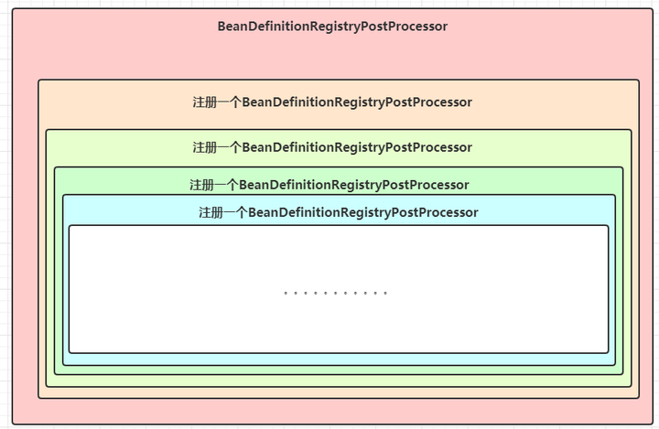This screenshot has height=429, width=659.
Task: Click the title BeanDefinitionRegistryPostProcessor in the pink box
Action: pyautogui.click(x=332, y=27)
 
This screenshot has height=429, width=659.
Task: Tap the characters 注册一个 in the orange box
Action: pyautogui.click(x=216, y=102)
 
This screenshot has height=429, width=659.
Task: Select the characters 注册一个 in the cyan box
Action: pyautogui.click(x=222, y=213)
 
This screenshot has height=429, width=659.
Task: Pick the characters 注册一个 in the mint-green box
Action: pyautogui.click(x=213, y=185)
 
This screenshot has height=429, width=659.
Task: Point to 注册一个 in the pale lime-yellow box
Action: pyautogui.click(x=216, y=147)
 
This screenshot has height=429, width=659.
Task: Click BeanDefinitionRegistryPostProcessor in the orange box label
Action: pyautogui.click(x=357, y=102)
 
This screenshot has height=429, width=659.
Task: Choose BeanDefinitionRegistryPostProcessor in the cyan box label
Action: pyautogui.click(x=363, y=213)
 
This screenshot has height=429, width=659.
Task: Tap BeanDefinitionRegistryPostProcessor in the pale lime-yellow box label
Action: pyautogui.click(x=357, y=147)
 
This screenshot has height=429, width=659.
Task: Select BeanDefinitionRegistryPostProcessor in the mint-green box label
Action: pyautogui.click(x=354, y=185)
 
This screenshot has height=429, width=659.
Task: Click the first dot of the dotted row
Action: pyautogui.click(x=286, y=294)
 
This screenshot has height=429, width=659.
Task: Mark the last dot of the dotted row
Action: pyautogui.click(x=386, y=294)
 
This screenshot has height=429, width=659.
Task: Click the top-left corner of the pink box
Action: pyautogui.click(x=13, y=10)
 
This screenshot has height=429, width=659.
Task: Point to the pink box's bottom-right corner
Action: pyautogui.click(x=649, y=424)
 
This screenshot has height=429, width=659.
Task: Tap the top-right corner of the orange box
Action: pyautogui.click(x=639, y=80)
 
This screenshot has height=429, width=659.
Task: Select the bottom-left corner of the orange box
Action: pyautogui.click(x=38, y=398)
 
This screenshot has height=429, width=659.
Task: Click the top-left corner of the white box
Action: pyautogui.click(x=70, y=226)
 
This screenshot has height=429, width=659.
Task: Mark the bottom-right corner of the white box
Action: pyautogui.click(x=608, y=352)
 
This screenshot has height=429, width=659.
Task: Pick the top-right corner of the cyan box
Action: pyautogui.click(x=615, y=195)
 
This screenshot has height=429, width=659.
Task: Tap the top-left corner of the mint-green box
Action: pyautogui.click(x=55, y=167)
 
